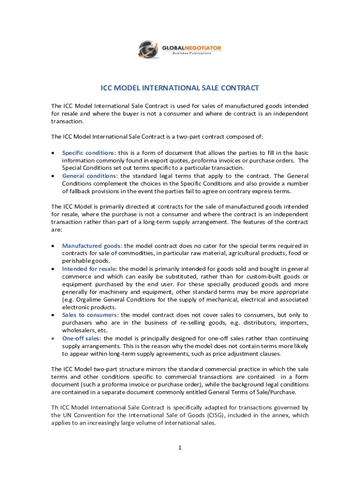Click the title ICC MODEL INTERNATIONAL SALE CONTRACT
[180, 88]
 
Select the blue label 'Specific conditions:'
[89, 153]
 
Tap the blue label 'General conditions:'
[89, 176]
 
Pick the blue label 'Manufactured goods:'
[92, 246]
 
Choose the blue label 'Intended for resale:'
[90, 269]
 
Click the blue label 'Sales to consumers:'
[90, 315]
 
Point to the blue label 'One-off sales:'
[82, 338]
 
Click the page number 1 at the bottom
[180, 448]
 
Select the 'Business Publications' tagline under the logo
[192, 53]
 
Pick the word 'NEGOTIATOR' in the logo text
[205, 48]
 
